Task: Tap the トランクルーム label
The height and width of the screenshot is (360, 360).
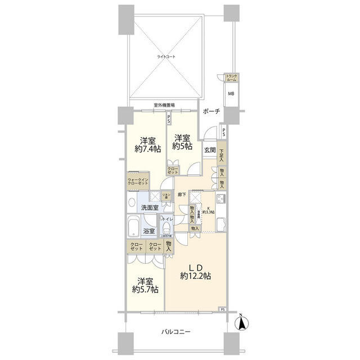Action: click(x=231, y=78)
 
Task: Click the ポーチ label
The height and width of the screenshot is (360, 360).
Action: click(x=212, y=111)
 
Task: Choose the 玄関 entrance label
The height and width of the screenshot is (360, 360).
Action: click(x=210, y=150)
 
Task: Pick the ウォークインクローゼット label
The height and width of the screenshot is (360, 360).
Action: click(x=137, y=182)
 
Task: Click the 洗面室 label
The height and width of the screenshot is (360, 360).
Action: click(x=150, y=208)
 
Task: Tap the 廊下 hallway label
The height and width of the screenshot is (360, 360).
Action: click(x=182, y=195)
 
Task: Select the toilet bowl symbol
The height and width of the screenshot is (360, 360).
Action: click(x=166, y=229)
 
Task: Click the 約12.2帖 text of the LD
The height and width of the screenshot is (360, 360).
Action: click(x=196, y=275)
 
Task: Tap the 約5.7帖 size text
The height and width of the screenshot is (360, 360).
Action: click(x=145, y=289)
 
